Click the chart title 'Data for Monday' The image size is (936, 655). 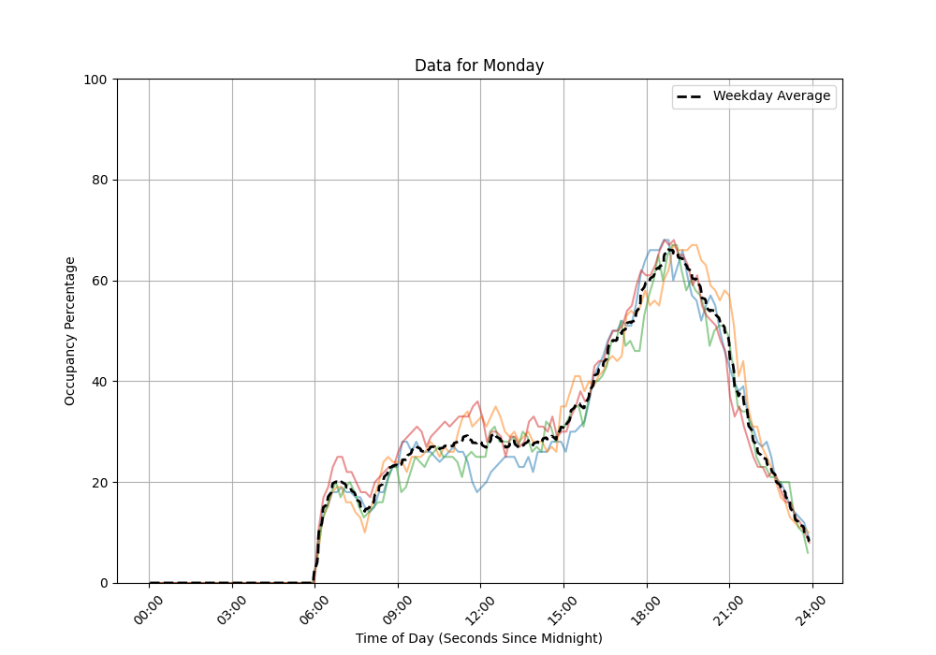479,65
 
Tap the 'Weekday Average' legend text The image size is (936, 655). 771,96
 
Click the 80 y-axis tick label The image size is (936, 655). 99,181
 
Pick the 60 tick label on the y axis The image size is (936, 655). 99,281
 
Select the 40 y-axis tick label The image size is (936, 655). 99,382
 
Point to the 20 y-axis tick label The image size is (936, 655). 99,483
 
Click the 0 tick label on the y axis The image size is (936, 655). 103,583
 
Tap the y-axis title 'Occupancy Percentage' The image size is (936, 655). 70,331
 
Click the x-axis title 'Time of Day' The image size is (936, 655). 479,638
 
